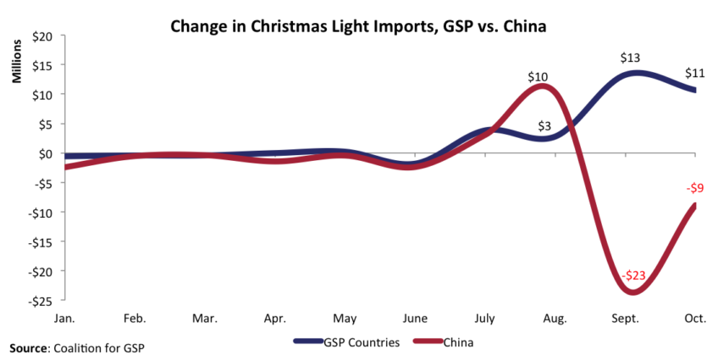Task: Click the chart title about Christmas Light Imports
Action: [358, 25]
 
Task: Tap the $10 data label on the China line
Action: [537, 77]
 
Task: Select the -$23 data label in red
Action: [632, 276]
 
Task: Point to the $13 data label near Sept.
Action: [630, 58]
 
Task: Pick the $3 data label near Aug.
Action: [544, 127]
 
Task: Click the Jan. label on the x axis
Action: [64, 318]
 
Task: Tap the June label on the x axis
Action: [415, 318]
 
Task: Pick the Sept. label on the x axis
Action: [625, 318]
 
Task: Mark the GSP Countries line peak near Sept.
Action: [633, 73]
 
